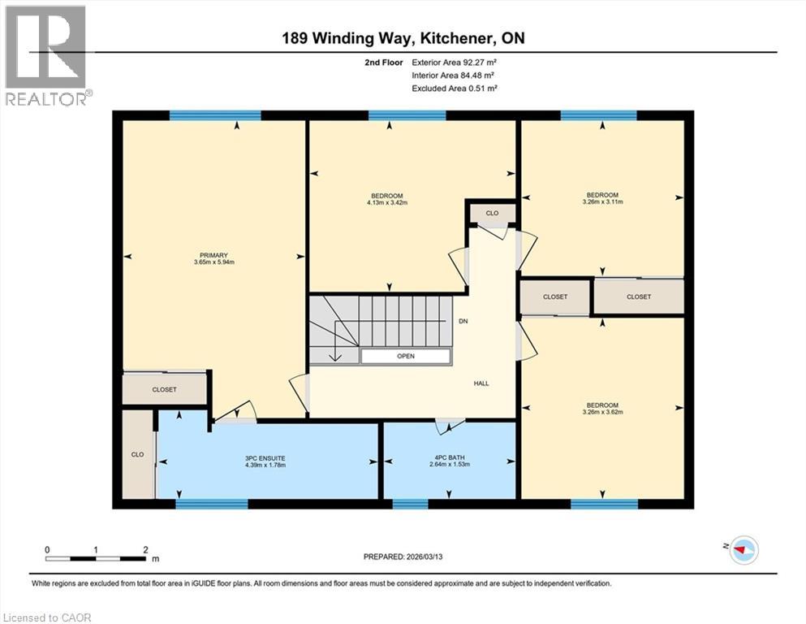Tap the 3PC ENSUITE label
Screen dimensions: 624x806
tap(265, 457)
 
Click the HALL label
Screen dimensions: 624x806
tap(482, 383)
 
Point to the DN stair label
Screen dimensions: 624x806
tap(464, 321)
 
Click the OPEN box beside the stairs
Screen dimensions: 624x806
tap(406, 356)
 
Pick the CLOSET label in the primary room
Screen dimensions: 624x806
tap(165, 389)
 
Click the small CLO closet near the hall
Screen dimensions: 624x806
tap(492, 213)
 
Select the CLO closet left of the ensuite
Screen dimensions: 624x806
tap(138, 454)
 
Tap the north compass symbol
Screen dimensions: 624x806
tap(742, 550)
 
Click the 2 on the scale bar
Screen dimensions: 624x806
tap(145, 550)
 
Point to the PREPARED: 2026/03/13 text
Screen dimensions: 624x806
tap(403, 557)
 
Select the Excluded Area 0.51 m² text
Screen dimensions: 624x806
tap(455, 88)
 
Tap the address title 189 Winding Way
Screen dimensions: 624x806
tap(403, 38)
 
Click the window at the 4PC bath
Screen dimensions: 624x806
tap(410, 504)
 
